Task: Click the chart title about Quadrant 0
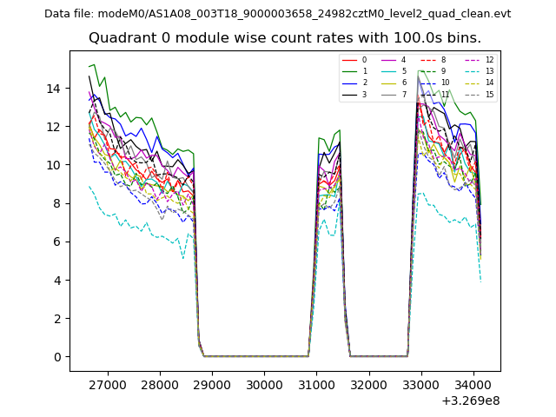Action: [x=296, y=38]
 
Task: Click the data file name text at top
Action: [x=277, y=14]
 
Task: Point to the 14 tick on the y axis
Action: [x=55, y=89]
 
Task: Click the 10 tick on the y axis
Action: [x=55, y=165]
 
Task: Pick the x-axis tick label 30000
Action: [x=264, y=383]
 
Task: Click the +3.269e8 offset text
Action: [x=470, y=400]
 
